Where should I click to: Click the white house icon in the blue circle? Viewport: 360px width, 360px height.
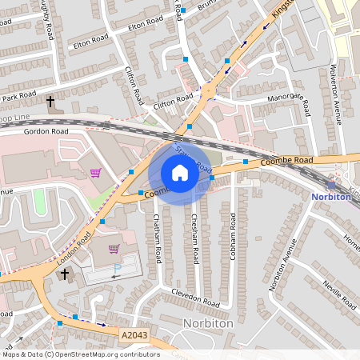[x=180, y=173]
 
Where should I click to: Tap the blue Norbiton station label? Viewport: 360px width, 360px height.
[x=331, y=197]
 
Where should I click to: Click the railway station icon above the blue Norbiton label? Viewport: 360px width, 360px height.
[x=332, y=185]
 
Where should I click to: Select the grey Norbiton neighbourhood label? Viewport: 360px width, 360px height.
[x=209, y=325]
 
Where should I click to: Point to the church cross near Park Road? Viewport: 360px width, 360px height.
[x=50, y=102]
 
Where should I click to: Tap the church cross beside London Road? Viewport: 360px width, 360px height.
[x=66, y=274]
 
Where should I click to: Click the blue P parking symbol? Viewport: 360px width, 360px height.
[x=118, y=269]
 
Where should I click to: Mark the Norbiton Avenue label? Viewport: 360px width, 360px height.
[x=289, y=258]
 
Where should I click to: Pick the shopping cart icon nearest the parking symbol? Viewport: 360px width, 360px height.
[x=114, y=249]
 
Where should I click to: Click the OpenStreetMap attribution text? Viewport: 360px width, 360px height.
[x=80, y=354]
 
